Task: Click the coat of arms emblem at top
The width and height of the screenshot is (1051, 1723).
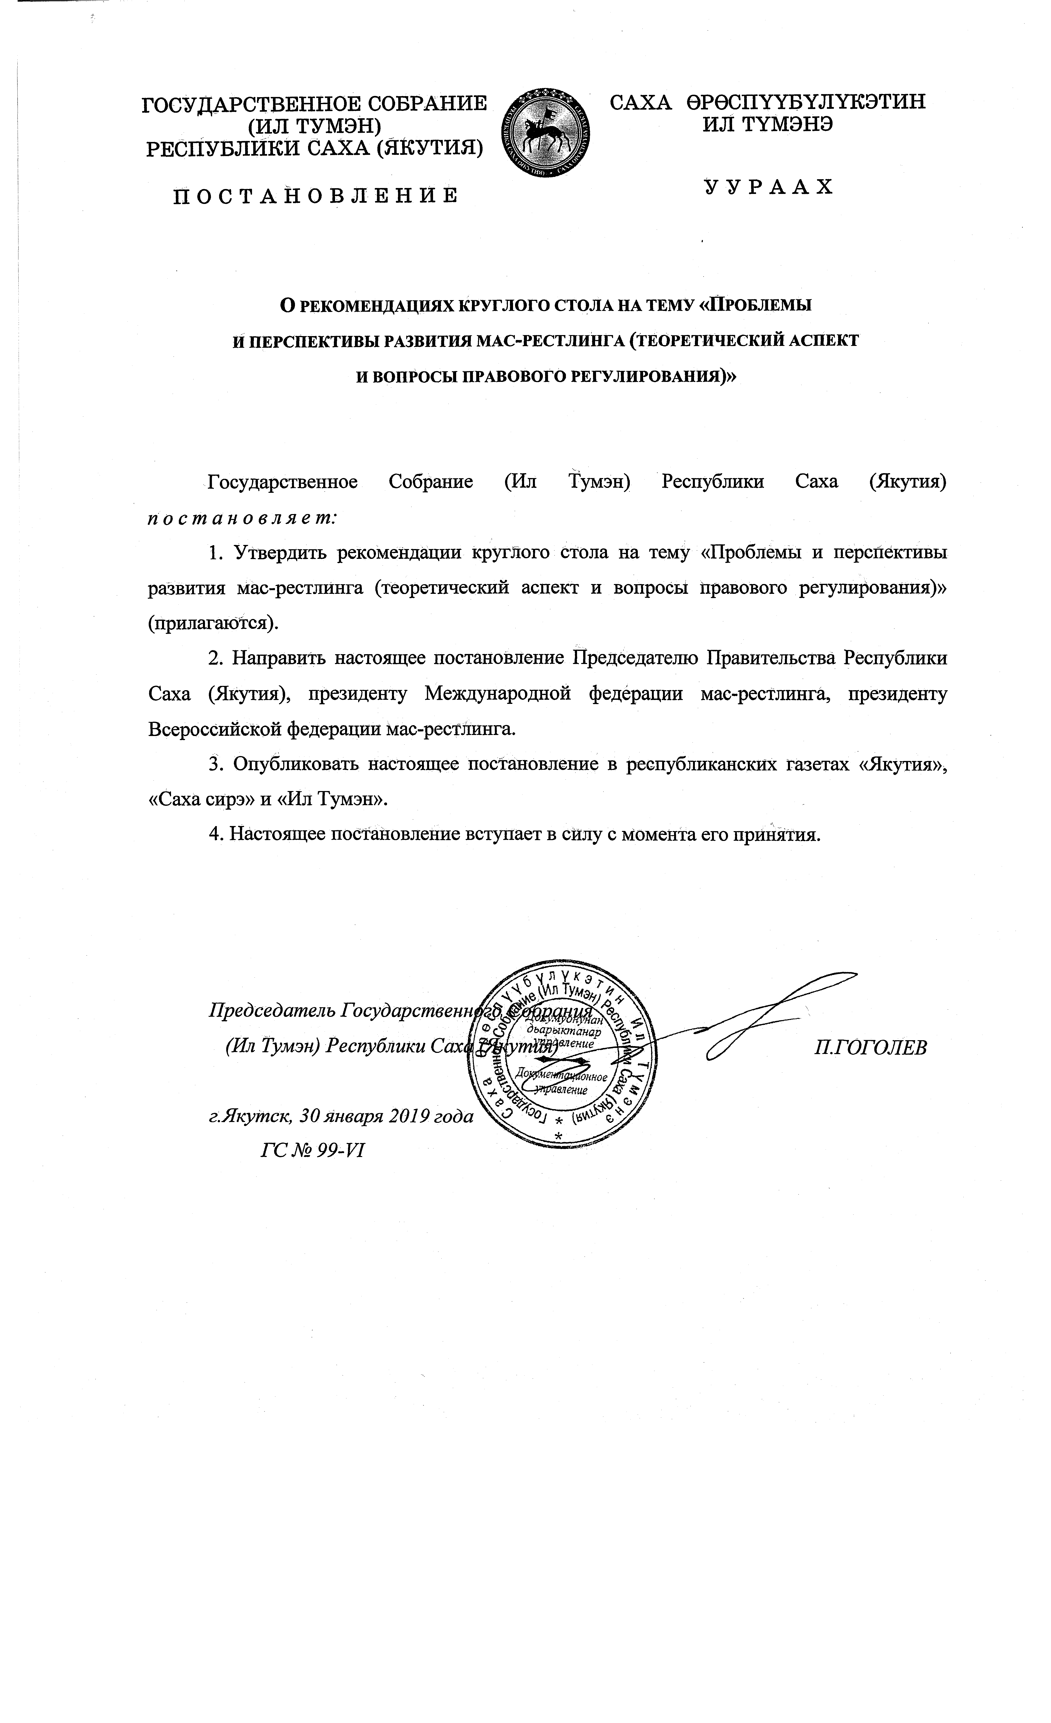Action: click(x=546, y=133)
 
